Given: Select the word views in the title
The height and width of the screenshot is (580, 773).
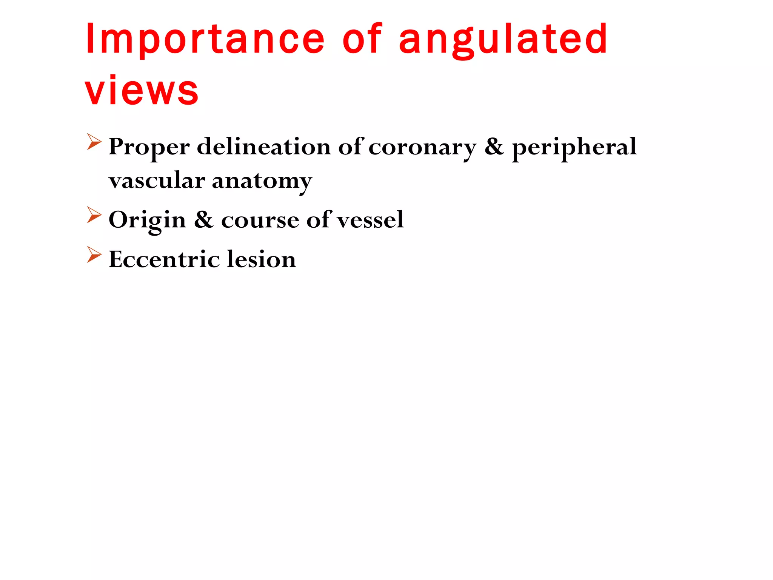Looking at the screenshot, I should (142, 91).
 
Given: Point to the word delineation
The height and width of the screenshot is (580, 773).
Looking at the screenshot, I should (264, 147).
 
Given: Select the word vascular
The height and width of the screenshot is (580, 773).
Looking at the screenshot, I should (157, 180).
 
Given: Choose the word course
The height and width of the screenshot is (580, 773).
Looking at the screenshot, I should (260, 220).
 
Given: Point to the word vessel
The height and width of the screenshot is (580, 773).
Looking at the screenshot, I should (370, 220).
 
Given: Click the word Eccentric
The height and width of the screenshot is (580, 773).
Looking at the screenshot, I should (164, 259).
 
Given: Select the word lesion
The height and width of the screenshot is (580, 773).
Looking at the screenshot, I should (262, 259).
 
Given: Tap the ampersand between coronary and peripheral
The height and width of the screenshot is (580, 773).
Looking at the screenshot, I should (494, 147).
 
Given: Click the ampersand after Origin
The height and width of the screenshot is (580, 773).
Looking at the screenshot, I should (203, 220).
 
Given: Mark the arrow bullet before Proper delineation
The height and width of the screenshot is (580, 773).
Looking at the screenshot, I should (94, 142).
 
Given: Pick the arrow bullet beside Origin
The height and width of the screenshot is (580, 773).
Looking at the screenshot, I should (94, 215).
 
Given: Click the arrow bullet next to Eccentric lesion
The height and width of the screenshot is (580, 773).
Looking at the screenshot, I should (94, 255).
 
